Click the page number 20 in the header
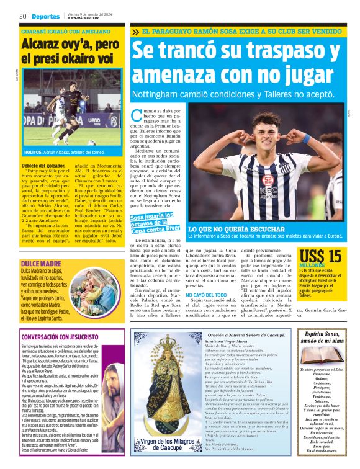click(22, 16)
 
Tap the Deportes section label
click(46, 16)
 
